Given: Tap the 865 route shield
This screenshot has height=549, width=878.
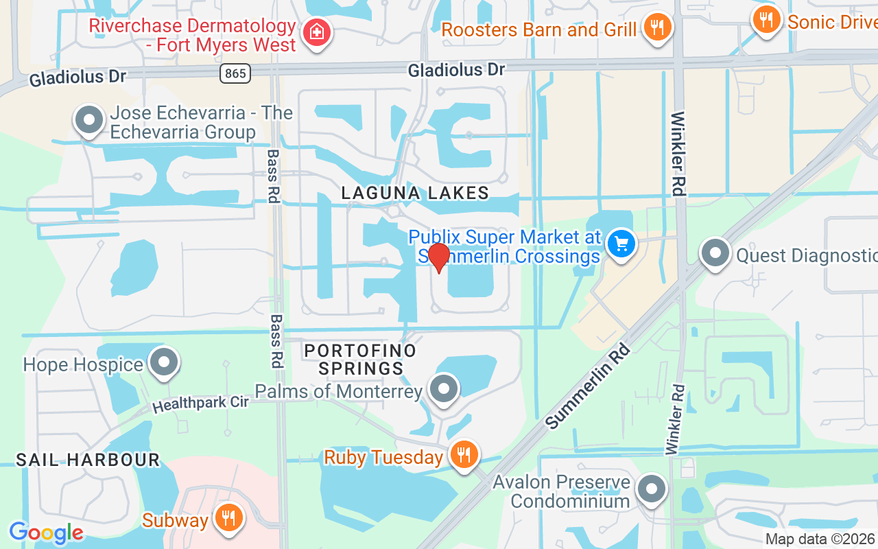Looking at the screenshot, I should pyautogui.click(x=235, y=73).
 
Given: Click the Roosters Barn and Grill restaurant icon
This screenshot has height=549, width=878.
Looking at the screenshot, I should pyautogui.click(x=657, y=27).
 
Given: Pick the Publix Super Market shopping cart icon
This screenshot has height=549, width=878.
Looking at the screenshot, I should pyautogui.click(x=621, y=243).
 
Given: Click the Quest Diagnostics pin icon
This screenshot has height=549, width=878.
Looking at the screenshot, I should pyautogui.click(x=715, y=253).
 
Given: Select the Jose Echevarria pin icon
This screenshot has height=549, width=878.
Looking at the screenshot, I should pyautogui.click(x=88, y=120).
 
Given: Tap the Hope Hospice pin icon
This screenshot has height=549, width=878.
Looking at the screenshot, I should pyautogui.click(x=164, y=362).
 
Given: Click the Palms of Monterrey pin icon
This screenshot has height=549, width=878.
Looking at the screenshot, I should pyautogui.click(x=443, y=389).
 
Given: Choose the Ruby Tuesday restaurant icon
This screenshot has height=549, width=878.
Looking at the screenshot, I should pyautogui.click(x=464, y=454).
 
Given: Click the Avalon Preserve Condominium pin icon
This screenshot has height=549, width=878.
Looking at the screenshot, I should pyautogui.click(x=650, y=490).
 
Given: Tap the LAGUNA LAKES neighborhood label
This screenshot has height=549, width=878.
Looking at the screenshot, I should pyautogui.click(x=416, y=194).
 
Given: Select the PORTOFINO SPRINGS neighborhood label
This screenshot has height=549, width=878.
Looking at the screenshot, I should pyautogui.click(x=361, y=360).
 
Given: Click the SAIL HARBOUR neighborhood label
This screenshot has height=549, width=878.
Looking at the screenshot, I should pyautogui.click(x=88, y=460).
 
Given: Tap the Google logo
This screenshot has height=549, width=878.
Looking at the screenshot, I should pyautogui.click(x=46, y=533).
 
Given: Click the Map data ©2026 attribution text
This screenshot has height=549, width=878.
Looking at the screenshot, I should pyautogui.click(x=820, y=539).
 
